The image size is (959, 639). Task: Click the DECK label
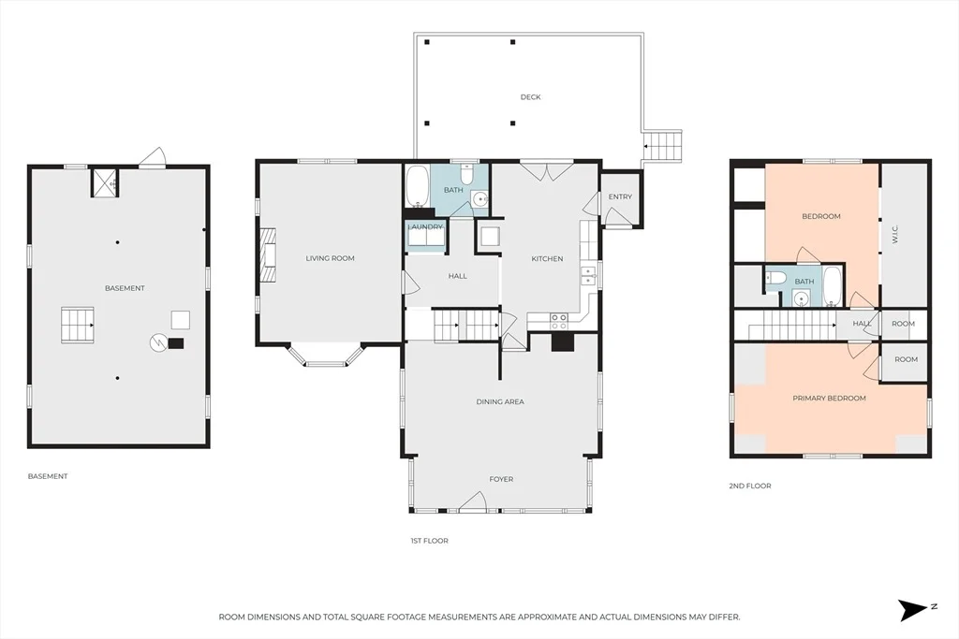point(530,97)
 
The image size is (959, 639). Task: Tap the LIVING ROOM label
point(331,258)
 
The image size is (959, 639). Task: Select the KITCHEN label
point(547,259)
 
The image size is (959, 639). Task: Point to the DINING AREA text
point(500,402)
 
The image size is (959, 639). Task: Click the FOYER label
point(502,480)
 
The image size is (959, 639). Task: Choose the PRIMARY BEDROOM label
point(830,399)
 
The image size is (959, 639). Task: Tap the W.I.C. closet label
point(894,235)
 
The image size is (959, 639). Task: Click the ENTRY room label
point(620,196)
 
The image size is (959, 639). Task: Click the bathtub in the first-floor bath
point(419,186)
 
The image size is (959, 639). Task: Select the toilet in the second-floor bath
point(776,279)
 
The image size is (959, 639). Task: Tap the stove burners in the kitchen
point(560,318)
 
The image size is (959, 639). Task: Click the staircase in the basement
point(77,325)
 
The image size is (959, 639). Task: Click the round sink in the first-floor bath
point(479,199)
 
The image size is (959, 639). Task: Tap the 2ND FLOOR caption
point(750,487)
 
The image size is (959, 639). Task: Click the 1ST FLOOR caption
point(429,542)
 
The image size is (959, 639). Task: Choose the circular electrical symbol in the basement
point(158,342)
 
